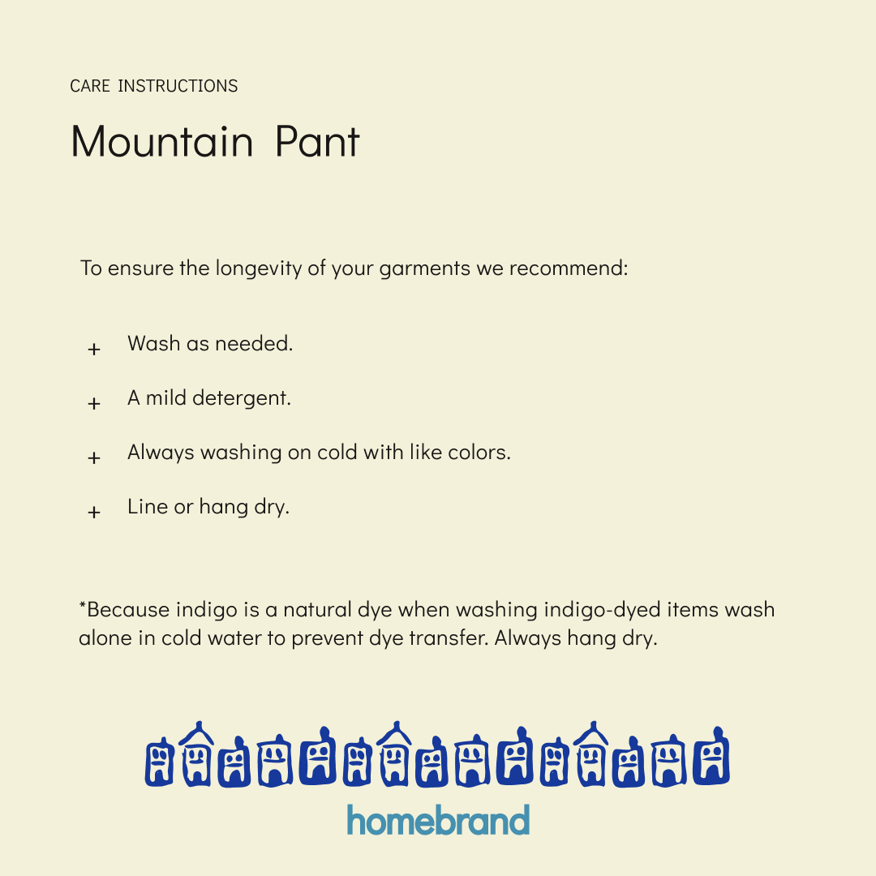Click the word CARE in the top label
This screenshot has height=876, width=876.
[x=90, y=86]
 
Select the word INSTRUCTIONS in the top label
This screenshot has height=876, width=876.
[x=178, y=86]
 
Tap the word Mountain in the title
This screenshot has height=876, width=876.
[x=162, y=142]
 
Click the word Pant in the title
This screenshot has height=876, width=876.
[x=317, y=142]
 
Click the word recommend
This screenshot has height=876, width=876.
[x=568, y=268]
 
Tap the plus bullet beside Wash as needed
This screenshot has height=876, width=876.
[x=94, y=349]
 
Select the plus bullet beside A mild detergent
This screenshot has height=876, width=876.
[x=94, y=403]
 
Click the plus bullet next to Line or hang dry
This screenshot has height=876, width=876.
[x=94, y=512]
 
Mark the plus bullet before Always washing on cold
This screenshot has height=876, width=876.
[x=94, y=457]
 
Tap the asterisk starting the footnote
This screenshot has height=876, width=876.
[x=82, y=606]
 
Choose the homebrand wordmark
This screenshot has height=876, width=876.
[x=438, y=820]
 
